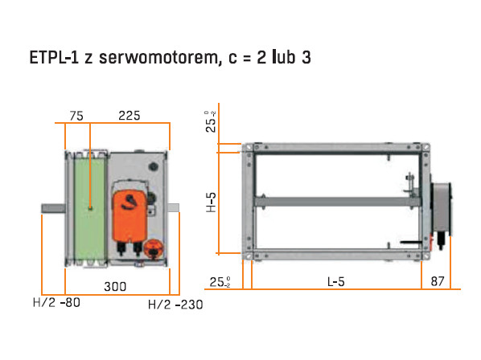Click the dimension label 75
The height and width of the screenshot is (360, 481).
tap(76, 116)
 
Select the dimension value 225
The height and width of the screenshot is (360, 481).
tap(129, 116)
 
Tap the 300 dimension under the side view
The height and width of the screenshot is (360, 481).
tap(115, 286)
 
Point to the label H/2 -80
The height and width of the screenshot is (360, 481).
tap(57, 303)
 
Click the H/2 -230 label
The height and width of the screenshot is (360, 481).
tap(175, 305)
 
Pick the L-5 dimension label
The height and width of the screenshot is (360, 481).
tap(336, 281)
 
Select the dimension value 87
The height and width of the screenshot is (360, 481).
tap(438, 281)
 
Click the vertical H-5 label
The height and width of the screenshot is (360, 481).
tap(211, 202)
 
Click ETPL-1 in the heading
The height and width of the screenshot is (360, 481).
tap(55, 57)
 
